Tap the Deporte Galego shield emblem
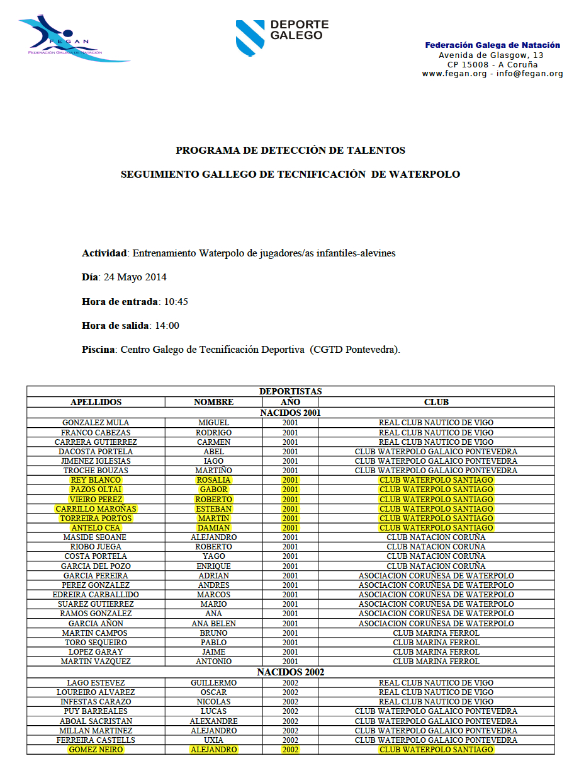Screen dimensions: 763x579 [x=250, y=37]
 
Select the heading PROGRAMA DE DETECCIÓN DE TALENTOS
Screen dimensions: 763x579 [x=290, y=151]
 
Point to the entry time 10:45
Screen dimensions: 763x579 [x=176, y=302]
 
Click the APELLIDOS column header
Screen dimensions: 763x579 [x=96, y=402]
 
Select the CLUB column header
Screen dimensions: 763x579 [x=436, y=402]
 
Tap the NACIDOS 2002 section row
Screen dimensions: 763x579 [x=290, y=672]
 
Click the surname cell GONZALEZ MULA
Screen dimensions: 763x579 [x=96, y=423]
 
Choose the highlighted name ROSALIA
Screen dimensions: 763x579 [x=214, y=480]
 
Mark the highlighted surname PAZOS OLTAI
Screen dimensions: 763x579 [x=96, y=490]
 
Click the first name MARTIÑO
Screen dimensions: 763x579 [x=214, y=471]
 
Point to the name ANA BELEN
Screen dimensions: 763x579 [x=214, y=624]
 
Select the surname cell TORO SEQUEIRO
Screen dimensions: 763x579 [x=96, y=643]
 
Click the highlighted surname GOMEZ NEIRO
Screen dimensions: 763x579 [x=96, y=750]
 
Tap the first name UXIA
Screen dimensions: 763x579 [x=214, y=740]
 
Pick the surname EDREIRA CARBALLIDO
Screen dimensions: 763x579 [x=96, y=595]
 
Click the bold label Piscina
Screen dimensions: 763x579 [x=99, y=350]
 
